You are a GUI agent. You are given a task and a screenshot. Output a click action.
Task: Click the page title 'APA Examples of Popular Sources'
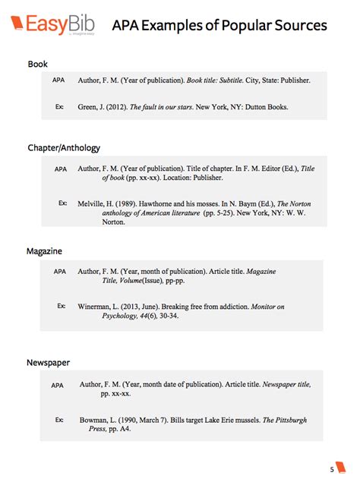[x=219, y=26]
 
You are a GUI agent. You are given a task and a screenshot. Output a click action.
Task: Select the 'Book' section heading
[x=38, y=65]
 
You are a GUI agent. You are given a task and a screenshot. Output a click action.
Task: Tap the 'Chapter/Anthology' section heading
[x=64, y=147]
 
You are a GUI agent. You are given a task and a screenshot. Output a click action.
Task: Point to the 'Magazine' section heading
[x=45, y=250]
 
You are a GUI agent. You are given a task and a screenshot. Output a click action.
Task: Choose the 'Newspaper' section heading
[x=49, y=363]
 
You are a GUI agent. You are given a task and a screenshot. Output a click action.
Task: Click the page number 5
[x=332, y=467]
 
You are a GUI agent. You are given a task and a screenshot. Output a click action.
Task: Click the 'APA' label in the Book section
[x=59, y=80]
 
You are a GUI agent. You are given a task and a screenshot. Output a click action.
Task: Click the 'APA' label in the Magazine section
[x=59, y=270]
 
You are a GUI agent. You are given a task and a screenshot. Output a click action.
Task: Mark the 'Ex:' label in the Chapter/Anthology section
[x=62, y=203]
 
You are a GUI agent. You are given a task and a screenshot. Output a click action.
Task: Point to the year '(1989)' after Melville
[x=125, y=204]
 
